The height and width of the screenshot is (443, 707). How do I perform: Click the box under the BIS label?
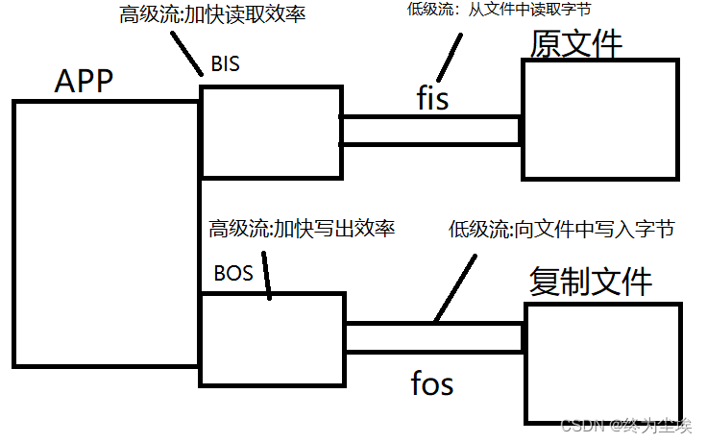point(271,132)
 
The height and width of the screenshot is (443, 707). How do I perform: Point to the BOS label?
point(233,273)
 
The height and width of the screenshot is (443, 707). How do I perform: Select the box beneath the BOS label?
point(272,339)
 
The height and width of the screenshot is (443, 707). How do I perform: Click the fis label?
point(433,97)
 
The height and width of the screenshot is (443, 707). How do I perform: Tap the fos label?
point(431,384)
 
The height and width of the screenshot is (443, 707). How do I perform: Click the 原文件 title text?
point(576,44)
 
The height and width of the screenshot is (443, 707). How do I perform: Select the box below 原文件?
point(599,119)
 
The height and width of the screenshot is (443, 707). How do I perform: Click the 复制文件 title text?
point(591,282)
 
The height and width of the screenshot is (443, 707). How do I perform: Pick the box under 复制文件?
point(602,363)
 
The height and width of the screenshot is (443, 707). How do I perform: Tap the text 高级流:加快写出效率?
point(303,229)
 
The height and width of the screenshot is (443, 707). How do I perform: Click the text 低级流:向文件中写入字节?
point(562,229)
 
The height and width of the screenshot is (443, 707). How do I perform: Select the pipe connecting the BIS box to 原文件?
point(429,130)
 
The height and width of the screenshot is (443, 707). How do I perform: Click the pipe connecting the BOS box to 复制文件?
point(434,337)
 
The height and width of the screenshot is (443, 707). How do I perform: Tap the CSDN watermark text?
point(625,424)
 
